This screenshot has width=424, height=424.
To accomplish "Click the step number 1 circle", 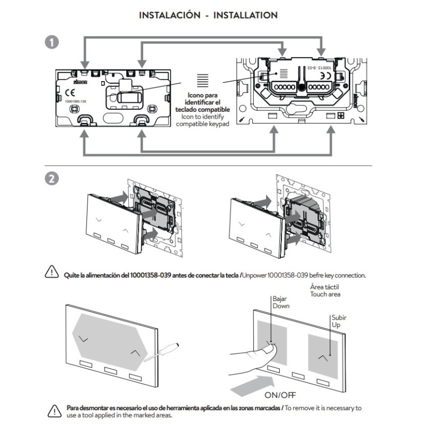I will pos(52,42).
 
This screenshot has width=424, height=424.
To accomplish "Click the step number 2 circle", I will pos(52,179).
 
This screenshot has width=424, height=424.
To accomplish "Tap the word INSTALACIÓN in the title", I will pos(170,15).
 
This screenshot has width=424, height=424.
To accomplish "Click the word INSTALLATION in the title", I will pos(245,15).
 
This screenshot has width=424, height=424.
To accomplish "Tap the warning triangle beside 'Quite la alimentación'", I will pos(51,272).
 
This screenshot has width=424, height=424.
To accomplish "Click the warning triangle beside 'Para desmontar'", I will pos(54,409).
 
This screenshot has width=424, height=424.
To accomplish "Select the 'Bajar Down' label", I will pos(280,303).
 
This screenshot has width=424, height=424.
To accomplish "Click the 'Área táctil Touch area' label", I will pos(325,290).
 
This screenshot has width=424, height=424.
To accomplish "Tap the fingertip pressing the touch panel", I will pos(271,347).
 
